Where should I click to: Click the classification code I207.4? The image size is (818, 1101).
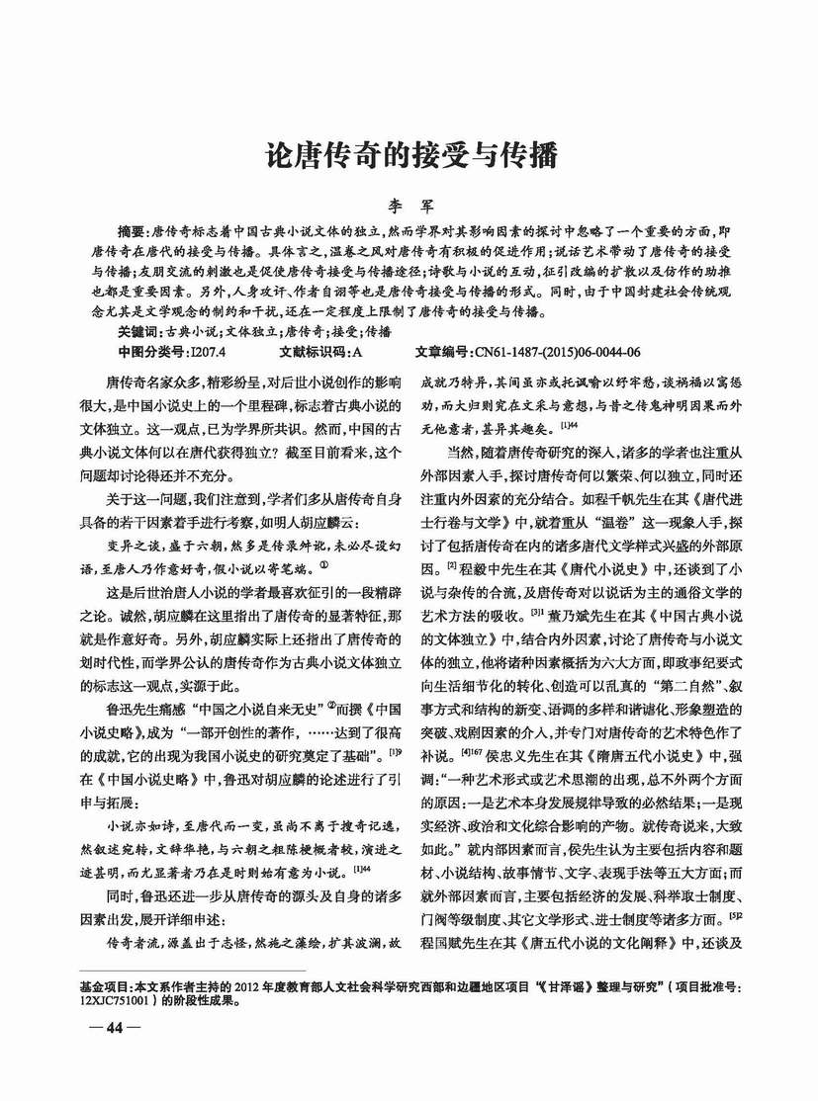coord(208,350)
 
